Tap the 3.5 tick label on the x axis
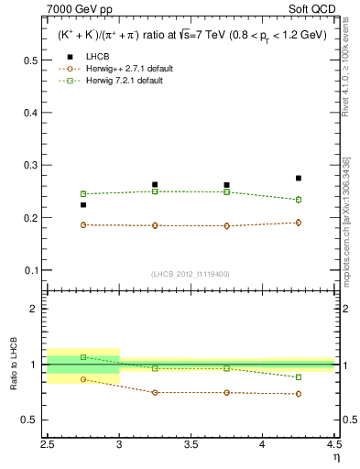[191, 444]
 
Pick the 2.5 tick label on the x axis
[49, 444]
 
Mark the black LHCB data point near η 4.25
[299, 178]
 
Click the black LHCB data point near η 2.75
[83, 204]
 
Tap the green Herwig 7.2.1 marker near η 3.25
[155, 191]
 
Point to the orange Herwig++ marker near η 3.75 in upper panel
[226, 225]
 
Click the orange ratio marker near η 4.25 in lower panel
[299, 394]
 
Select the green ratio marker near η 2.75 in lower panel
[83, 357]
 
